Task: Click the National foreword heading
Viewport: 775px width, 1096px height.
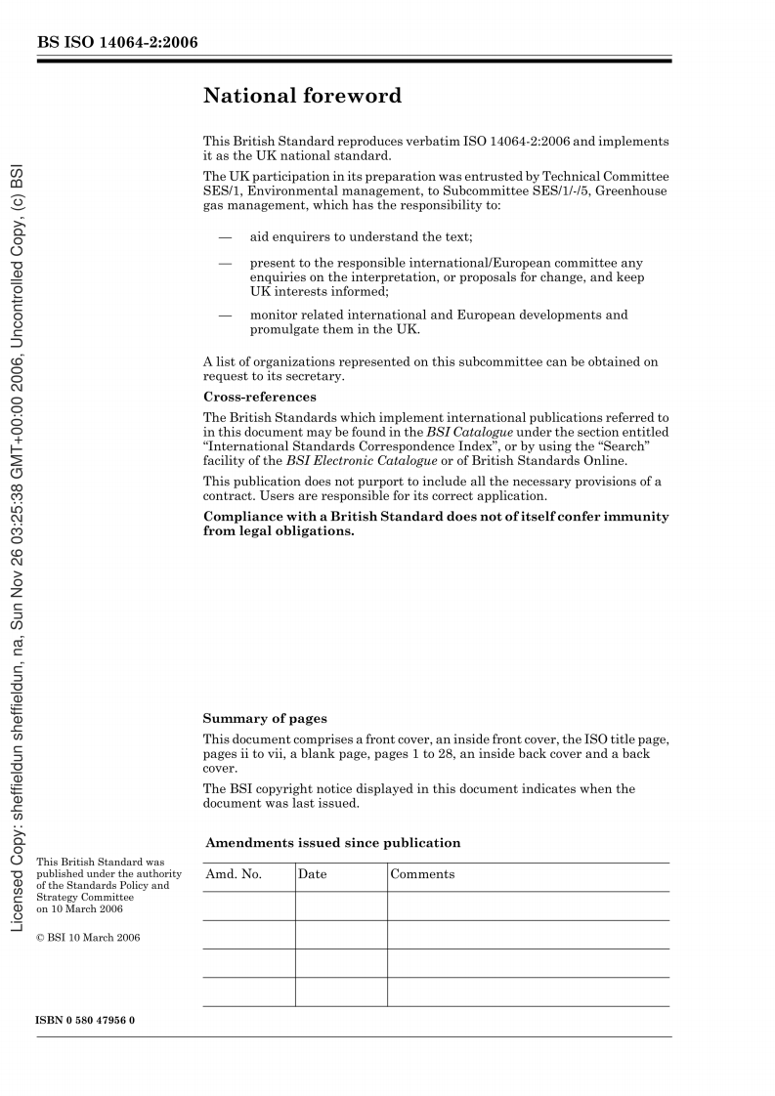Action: tap(302, 96)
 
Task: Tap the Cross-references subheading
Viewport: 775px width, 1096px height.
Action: tap(259, 398)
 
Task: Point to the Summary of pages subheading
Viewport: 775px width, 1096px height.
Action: tap(265, 719)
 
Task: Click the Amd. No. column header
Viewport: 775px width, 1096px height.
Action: tap(234, 874)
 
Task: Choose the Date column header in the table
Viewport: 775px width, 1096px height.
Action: tap(313, 874)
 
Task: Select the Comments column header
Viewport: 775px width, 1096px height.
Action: tap(422, 874)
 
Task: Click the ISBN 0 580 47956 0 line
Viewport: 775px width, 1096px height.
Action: tap(85, 1020)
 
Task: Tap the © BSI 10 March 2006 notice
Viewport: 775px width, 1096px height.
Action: tap(88, 938)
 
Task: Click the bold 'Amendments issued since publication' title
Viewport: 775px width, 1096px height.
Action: tap(332, 843)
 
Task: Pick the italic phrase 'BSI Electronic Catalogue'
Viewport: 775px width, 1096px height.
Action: tap(362, 461)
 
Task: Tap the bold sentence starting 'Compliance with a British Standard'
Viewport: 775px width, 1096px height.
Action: tap(436, 524)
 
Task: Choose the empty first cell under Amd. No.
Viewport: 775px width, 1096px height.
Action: tap(248, 906)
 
